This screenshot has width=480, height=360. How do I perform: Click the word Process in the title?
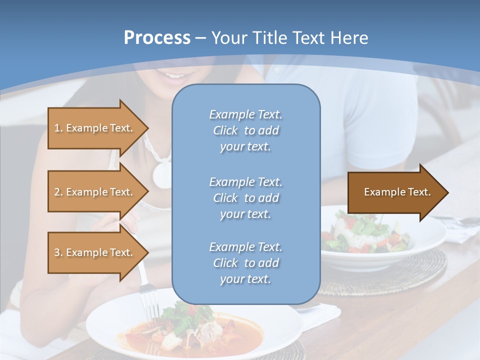157,38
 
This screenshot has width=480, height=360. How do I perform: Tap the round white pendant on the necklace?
163,174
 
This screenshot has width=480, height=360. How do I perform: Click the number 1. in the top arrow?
58,128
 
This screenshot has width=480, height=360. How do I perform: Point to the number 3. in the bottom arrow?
58,252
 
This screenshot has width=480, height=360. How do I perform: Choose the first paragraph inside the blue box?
246,130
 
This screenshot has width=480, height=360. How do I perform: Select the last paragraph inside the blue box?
246,263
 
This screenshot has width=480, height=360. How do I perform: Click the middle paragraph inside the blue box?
246,198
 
